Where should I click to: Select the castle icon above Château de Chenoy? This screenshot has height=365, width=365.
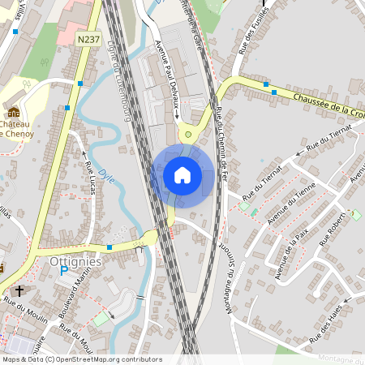pyautogui.click(x=14, y=113)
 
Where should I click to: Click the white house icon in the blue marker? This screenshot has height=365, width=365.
pyautogui.click(x=182, y=174)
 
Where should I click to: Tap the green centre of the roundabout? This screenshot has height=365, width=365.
pyautogui.click(x=189, y=134)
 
